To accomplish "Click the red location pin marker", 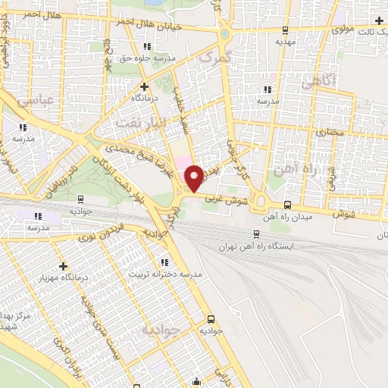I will (196, 177).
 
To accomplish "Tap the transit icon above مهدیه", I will (285, 30).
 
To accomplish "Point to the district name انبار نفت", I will (135, 122).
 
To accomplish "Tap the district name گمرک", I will (211, 58).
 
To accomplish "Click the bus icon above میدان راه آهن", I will (286, 205).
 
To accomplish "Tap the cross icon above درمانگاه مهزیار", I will (64, 266).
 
